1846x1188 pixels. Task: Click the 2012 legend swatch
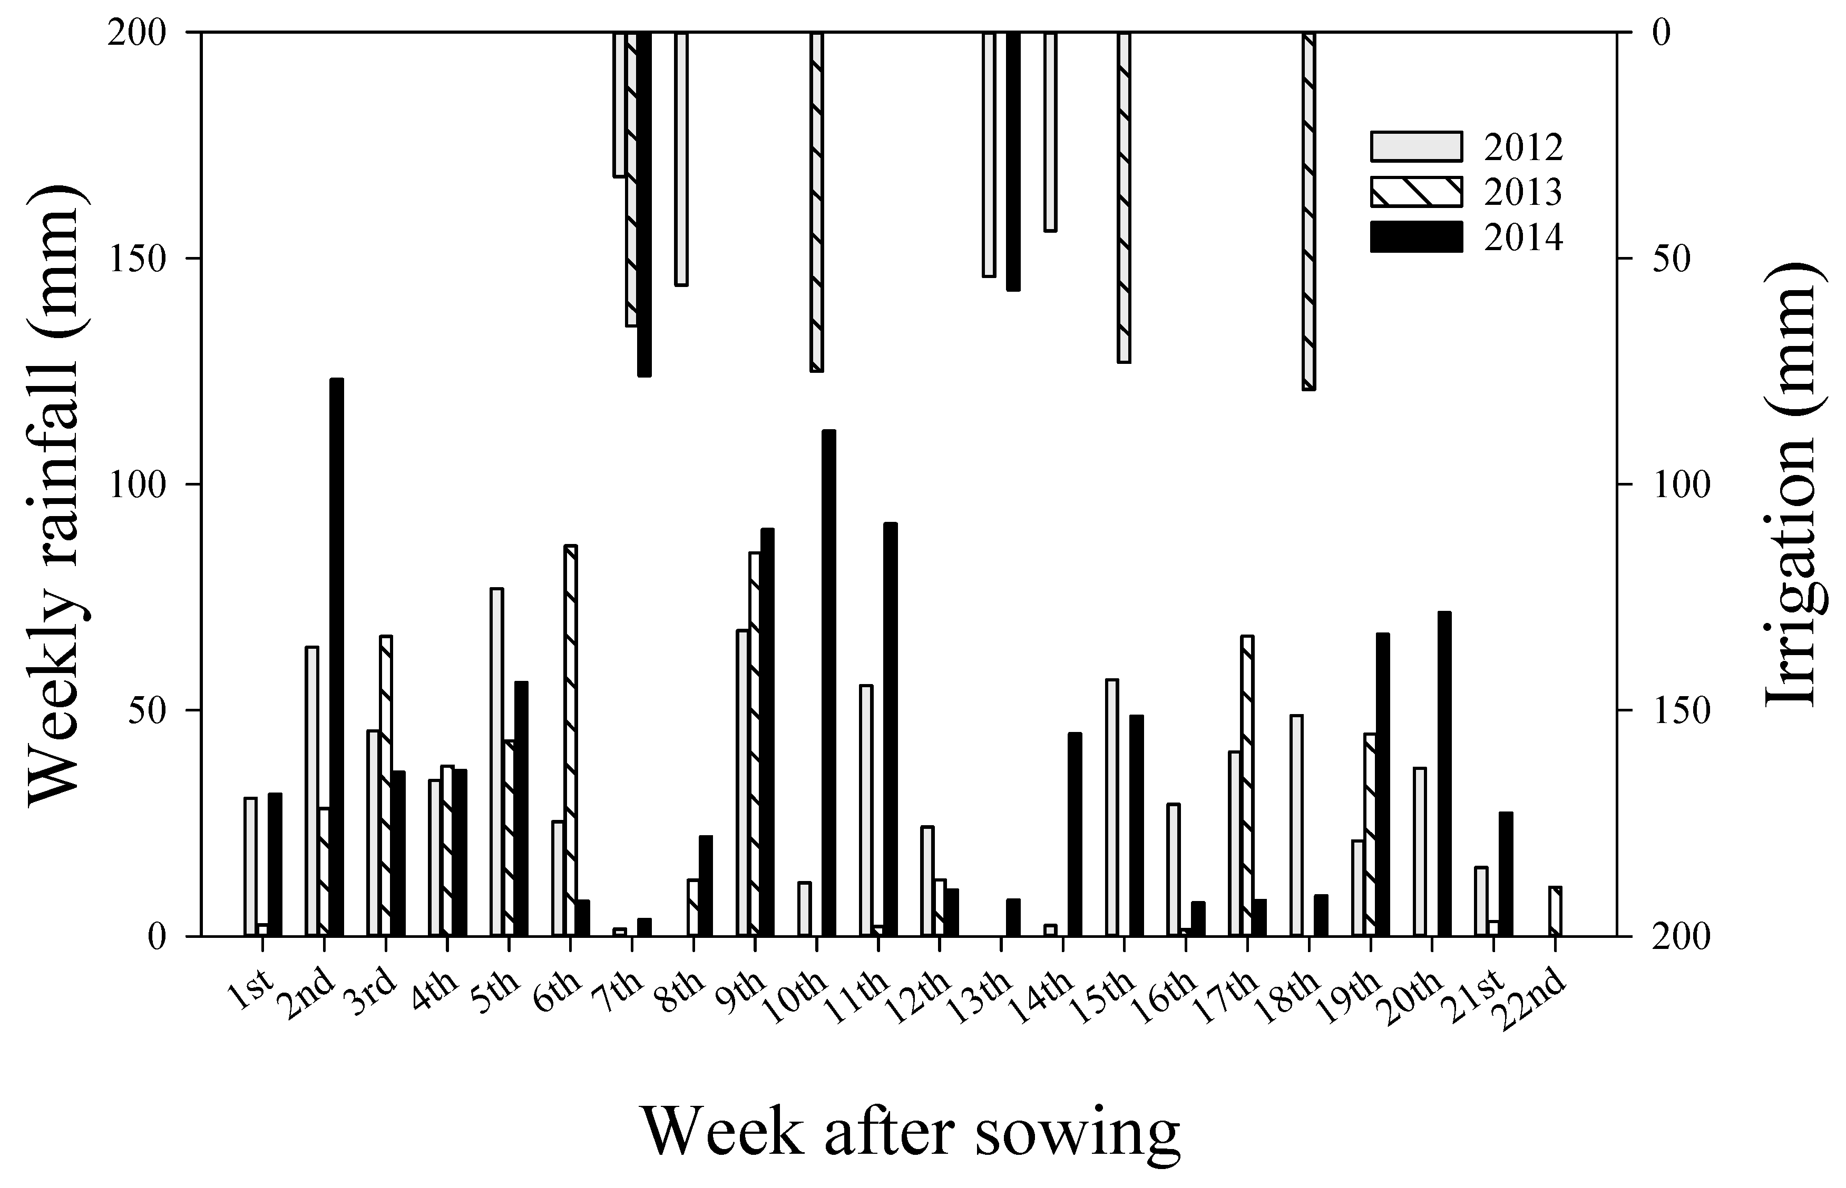point(1415,146)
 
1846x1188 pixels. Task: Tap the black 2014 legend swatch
point(1415,237)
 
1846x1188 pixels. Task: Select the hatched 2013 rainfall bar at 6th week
point(570,740)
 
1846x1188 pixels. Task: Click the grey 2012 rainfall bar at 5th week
point(496,762)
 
